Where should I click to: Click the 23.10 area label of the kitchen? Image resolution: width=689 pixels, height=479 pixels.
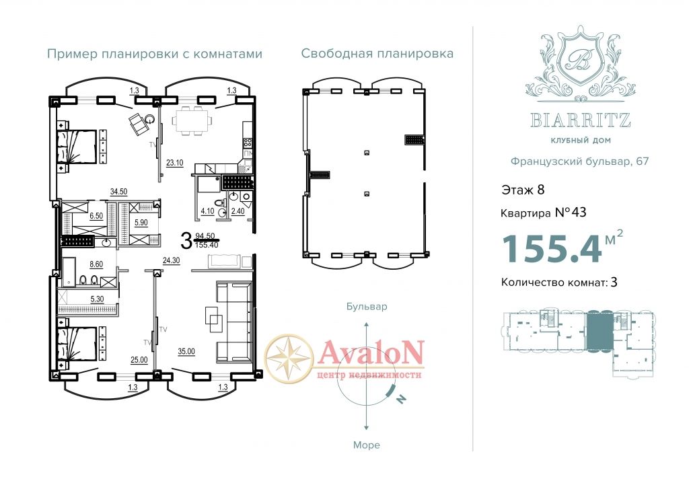click(174, 163)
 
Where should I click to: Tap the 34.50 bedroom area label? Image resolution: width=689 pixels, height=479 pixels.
click(118, 192)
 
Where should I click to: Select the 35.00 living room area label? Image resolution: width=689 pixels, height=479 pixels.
click(186, 351)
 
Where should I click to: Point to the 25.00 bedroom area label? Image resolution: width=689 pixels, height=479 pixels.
click(139, 360)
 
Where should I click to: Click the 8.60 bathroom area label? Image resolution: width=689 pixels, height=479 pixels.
click(96, 264)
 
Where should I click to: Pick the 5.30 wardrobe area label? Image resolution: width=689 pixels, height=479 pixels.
click(97, 299)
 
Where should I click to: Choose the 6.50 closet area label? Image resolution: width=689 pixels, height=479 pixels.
click(96, 216)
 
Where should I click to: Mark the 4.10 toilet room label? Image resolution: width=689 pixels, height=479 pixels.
click(207, 211)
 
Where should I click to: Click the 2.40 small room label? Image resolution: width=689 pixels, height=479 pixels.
click(238, 211)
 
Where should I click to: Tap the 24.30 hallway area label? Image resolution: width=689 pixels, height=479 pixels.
click(172, 260)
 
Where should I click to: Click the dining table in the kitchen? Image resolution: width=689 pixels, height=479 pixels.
click(191, 120)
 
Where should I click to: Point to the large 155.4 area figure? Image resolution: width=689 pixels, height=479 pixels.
click(552, 249)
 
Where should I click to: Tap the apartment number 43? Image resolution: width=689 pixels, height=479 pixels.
click(578, 213)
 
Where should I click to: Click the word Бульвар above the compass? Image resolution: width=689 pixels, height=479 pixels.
click(367, 306)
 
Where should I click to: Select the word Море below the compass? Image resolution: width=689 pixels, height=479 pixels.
click(367, 445)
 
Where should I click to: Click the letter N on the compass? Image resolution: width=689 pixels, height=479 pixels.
click(401, 399)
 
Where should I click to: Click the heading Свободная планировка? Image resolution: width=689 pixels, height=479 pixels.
click(377, 54)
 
